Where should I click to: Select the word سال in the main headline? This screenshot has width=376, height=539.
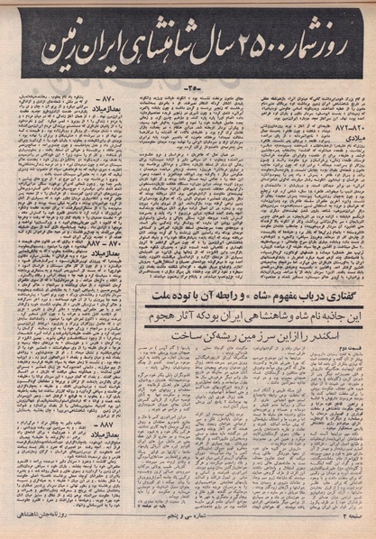coord(221,50)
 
